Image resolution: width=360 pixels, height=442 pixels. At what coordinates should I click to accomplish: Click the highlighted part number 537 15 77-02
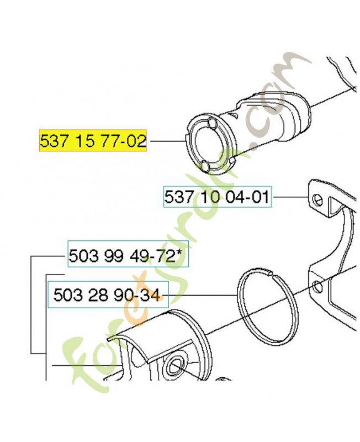click(x=93, y=141)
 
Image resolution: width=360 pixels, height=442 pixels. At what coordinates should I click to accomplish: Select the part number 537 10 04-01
click(x=217, y=197)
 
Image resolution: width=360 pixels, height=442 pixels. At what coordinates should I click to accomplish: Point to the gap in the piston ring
click(x=269, y=272)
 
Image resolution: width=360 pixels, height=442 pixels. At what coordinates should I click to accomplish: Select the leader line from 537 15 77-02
click(x=166, y=140)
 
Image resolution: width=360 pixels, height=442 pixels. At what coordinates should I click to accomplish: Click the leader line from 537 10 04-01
click(x=290, y=197)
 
